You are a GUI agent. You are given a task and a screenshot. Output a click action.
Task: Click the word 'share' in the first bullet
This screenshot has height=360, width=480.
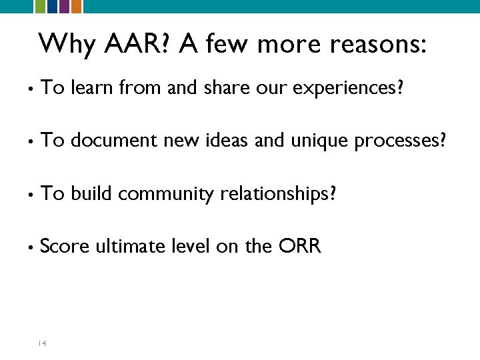219,87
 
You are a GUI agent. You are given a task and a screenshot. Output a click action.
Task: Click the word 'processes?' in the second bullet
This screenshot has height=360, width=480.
406,141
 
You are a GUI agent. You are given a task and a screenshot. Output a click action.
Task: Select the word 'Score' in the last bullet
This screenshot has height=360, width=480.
64,247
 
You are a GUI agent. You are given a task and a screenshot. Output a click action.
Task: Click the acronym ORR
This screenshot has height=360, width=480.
301,247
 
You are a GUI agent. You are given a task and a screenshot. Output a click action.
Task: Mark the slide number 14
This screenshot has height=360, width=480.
41,343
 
